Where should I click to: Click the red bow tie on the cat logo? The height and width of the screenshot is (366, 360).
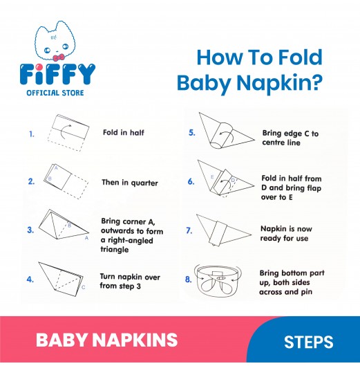[59, 57]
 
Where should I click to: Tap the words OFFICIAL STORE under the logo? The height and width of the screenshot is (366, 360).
[55, 93]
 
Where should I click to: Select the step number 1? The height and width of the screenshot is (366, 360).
[32, 134]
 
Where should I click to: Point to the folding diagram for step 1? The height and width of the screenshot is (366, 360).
[68, 133]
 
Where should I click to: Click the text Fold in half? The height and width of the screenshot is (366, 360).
[124, 133]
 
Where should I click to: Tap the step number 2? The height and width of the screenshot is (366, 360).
[31, 181]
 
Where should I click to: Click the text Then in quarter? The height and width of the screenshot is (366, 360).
[130, 183]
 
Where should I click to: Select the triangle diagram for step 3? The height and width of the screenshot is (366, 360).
[64, 225]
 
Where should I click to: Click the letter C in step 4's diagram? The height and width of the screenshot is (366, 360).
[84, 287]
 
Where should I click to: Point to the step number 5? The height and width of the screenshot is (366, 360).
[191, 133]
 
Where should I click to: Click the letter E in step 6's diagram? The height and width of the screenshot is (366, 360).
[212, 177]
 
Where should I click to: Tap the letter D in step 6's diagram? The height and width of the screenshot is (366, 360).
[233, 180]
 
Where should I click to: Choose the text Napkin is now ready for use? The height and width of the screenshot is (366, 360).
[286, 233]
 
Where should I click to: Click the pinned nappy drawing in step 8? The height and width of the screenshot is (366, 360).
[218, 280]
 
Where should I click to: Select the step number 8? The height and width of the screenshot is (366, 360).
[189, 280]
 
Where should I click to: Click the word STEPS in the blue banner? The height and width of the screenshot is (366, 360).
[308, 342]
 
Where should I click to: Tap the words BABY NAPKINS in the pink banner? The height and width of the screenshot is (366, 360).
[106, 340]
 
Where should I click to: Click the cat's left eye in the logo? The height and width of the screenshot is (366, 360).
[47, 50]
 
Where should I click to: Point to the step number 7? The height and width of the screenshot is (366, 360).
[189, 231]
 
